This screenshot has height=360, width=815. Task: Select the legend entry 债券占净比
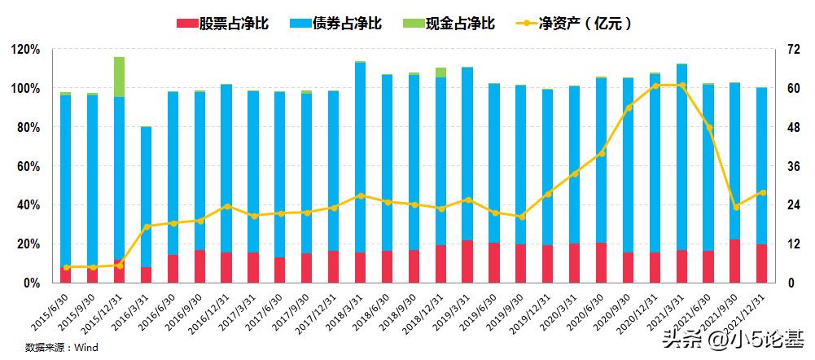point(335,23)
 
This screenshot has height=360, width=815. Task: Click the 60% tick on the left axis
point(28,166)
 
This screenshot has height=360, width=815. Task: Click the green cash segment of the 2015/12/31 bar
point(119,77)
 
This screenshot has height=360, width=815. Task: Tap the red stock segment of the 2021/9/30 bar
point(735,261)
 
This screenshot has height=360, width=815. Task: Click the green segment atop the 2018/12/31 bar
point(440,72)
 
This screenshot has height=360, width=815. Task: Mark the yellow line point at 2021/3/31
point(681,86)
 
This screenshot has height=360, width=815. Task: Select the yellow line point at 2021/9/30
point(735,207)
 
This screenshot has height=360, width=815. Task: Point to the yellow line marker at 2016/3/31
point(146,226)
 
